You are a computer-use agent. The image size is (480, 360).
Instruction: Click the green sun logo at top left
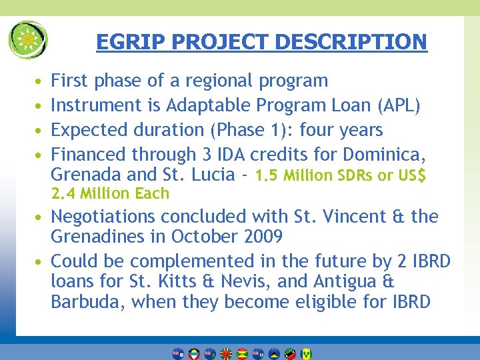pyautogui.click(x=28, y=39)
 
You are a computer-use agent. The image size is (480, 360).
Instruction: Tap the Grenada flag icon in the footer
pyautogui.click(x=242, y=354)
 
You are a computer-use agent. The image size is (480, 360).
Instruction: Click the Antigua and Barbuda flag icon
pyautogui.click(x=194, y=354)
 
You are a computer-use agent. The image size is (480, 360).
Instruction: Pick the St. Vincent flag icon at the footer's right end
pyautogui.click(x=306, y=354)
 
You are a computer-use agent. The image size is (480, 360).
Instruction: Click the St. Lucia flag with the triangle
pyautogui.click(x=274, y=354)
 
